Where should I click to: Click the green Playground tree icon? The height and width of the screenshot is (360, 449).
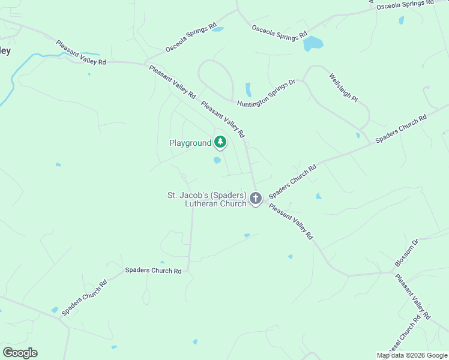click(221, 142)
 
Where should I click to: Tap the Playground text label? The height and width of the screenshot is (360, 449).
click(190, 143)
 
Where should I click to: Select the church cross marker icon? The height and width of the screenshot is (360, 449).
click(256, 198)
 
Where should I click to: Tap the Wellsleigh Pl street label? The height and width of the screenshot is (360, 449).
click(343, 88)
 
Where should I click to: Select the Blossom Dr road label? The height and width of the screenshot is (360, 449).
click(406, 253)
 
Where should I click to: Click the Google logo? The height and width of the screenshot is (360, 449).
click(20, 353)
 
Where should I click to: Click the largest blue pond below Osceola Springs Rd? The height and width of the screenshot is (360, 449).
click(313, 43)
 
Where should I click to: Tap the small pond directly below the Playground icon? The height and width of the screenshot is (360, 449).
click(217, 160)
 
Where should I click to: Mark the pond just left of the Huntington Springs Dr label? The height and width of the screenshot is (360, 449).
click(249, 90)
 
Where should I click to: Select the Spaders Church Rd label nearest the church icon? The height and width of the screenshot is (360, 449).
click(292, 182)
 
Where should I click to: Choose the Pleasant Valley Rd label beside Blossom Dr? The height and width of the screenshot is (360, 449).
click(413, 296)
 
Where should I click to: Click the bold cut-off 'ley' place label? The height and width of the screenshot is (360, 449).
click(5, 51)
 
